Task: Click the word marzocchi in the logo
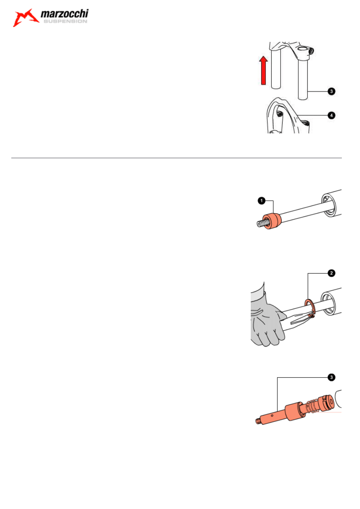tap(65, 14)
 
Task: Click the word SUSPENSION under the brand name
tap(65, 21)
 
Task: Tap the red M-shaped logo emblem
tap(25, 18)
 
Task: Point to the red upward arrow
tap(263, 71)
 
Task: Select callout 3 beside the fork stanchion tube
tap(331, 91)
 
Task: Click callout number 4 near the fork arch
tap(331, 115)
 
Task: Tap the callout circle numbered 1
tap(262, 201)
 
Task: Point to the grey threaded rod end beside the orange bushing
tap(261, 224)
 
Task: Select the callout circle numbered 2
tap(331, 273)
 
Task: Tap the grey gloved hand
tap(266, 318)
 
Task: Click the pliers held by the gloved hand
tap(298, 319)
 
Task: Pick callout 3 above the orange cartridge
tap(331, 377)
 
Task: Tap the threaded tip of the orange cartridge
tap(258, 421)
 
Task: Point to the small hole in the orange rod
tap(272, 416)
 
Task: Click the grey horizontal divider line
tap(176, 158)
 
